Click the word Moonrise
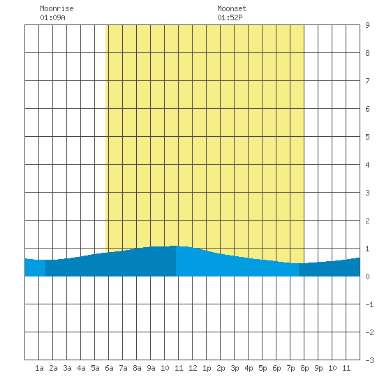tap(57, 8)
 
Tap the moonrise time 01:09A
tap(52, 17)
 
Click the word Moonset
tap(232, 8)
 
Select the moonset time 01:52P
tap(230, 17)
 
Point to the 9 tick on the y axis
tap(367, 25)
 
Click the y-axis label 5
tap(367, 137)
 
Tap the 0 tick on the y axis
tap(367, 276)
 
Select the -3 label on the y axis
tap(369, 360)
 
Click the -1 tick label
tap(369, 304)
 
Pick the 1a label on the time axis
tap(39, 368)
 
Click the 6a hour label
tap(109, 368)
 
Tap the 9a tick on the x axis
tap(151, 368)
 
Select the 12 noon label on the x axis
tap(193, 368)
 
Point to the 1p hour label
tap(207, 368)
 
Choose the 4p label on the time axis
tap(249, 368)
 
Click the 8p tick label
tap(304, 368)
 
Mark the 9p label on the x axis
tap(318, 368)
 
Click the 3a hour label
tap(67, 368)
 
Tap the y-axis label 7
tap(367, 81)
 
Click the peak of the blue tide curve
tap(176, 246)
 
